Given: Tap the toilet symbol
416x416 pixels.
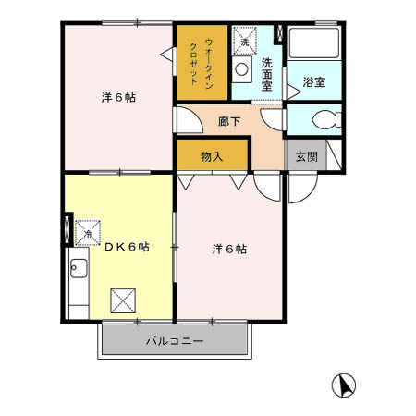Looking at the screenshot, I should (323, 119).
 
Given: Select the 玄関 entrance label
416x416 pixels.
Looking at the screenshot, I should (307, 156).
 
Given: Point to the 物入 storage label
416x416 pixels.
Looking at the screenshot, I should (212, 155).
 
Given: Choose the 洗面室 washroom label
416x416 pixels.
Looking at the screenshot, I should (268, 75).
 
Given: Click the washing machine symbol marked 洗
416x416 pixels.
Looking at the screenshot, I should (244, 42).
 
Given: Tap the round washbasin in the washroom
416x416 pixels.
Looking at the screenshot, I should (242, 69).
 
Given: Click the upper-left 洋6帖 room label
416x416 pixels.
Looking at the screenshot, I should (118, 97).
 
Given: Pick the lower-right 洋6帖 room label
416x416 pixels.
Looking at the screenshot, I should (229, 248).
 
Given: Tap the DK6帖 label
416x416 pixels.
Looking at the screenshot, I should (127, 247).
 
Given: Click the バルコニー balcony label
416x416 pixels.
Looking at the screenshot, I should (174, 341).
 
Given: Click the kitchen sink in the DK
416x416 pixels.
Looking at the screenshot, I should (78, 270).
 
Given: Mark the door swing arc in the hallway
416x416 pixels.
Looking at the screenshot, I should (186, 121).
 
